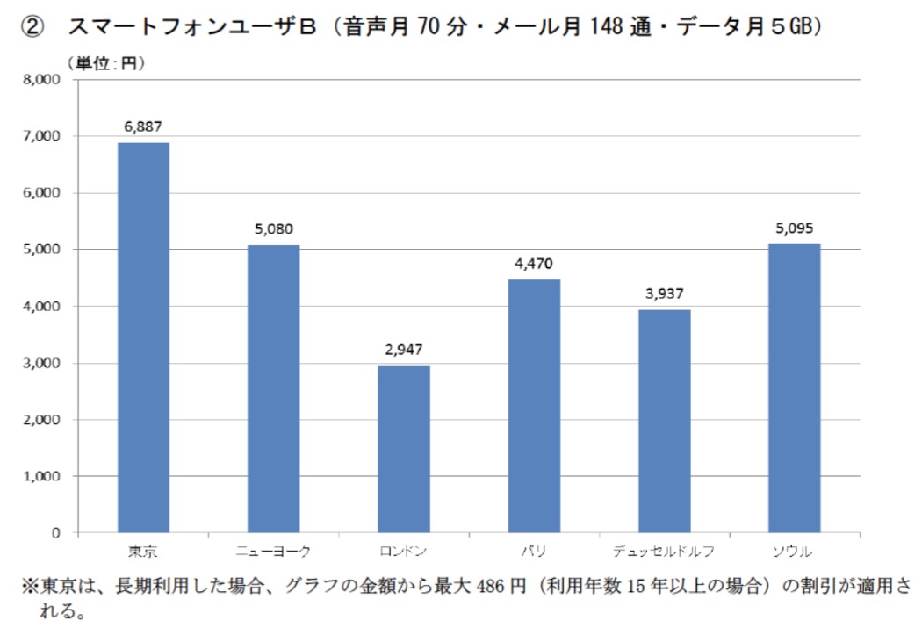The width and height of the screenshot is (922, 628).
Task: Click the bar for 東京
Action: [x=143, y=338]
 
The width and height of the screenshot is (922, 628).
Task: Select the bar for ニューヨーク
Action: [x=273, y=389]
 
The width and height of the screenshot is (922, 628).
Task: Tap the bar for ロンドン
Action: [x=404, y=449]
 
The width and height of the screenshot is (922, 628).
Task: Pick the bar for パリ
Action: [x=534, y=406]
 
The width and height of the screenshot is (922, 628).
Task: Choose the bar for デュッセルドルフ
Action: [x=664, y=421]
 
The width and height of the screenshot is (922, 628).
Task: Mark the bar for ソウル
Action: [x=794, y=388]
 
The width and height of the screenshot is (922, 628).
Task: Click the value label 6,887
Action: [x=143, y=126]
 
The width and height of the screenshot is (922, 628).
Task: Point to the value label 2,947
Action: [x=404, y=350]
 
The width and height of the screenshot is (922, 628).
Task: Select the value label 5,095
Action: [x=794, y=228]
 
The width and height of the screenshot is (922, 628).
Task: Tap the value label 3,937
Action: [x=664, y=293]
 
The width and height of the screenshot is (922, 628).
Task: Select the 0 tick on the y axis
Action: [x=54, y=533]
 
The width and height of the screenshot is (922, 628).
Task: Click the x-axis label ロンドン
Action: [x=404, y=552]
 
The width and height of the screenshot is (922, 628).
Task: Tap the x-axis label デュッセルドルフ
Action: [x=664, y=552]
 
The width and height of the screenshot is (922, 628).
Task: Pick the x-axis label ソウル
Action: [x=794, y=552]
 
